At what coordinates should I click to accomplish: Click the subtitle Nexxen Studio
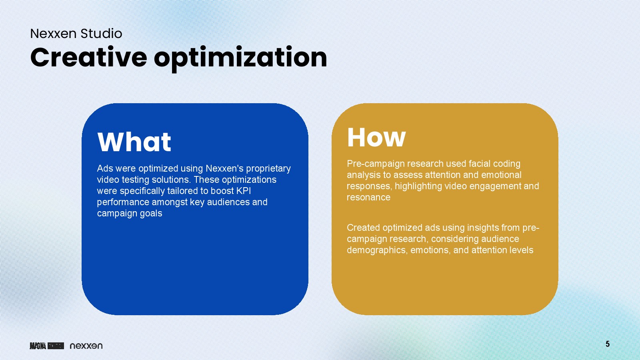76,34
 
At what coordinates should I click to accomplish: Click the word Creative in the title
88,58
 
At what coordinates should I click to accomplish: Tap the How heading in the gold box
376,138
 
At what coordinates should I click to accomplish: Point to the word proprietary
268,169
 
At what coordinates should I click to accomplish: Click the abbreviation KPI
244,190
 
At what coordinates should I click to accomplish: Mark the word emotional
502,175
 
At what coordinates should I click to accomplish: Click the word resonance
368,198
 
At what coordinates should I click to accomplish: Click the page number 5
608,344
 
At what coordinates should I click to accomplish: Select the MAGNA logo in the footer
47,346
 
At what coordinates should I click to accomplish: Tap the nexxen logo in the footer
86,346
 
